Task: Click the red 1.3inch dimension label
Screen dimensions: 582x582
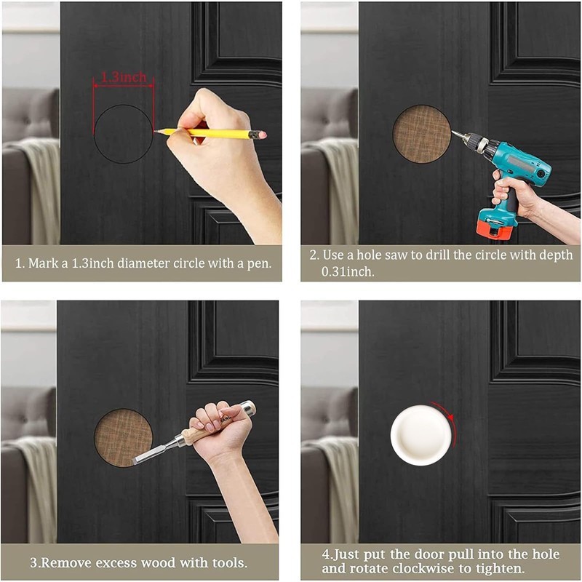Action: click(123, 76)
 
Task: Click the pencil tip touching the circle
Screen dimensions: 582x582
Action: click(156, 132)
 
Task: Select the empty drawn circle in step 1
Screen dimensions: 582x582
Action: click(123, 134)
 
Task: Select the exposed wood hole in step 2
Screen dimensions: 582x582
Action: click(421, 134)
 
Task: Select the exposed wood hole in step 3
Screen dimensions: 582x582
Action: click(123, 437)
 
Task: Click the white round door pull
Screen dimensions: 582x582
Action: click(420, 436)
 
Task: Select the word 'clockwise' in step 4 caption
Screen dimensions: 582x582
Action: click(426, 568)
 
